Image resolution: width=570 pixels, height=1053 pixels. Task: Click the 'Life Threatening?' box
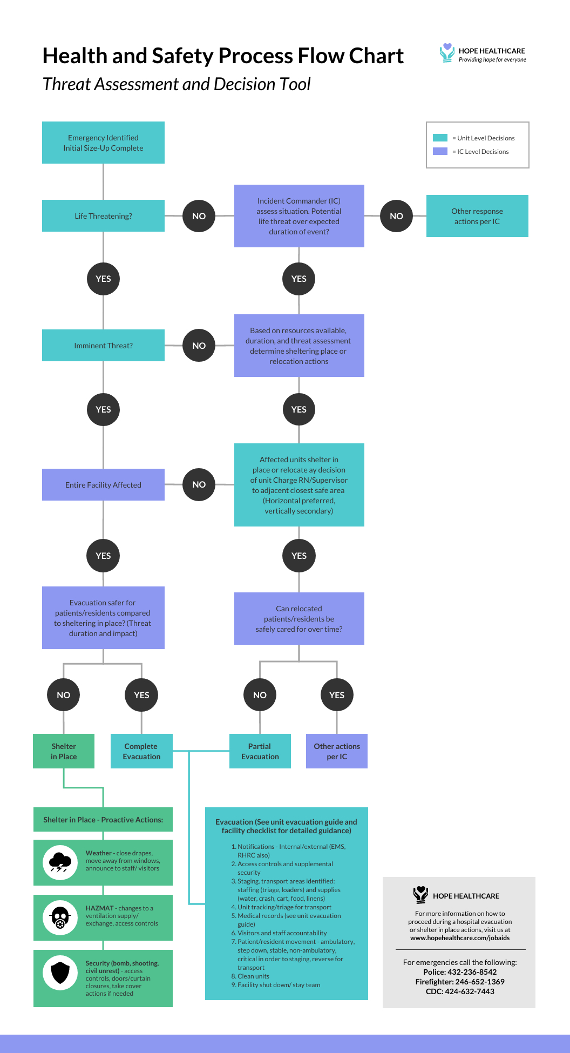tap(103, 216)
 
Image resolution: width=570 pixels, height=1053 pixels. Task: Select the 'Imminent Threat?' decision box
tap(103, 346)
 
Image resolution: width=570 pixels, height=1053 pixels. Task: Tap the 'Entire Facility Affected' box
tap(103, 485)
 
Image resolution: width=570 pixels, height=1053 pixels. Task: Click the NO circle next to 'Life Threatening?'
tap(199, 216)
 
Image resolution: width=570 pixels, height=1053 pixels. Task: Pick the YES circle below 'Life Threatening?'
tap(103, 279)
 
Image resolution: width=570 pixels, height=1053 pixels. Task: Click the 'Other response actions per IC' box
tap(477, 216)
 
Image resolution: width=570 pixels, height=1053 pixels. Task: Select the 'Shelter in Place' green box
tap(64, 751)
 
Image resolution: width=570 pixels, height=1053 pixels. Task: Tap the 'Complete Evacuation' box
tap(141, 751)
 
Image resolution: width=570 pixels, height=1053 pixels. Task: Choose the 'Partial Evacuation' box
tap(260, 751)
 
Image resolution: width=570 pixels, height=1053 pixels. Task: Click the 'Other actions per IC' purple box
tap(337, 751)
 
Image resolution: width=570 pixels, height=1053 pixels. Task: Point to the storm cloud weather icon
tap(60, 862)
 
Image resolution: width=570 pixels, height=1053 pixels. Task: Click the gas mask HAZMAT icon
tap(60, 917)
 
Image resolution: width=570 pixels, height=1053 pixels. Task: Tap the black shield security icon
tap(60, 973)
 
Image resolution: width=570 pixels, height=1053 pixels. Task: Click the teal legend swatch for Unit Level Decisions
tap(440, 138)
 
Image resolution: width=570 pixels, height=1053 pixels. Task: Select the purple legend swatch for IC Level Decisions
tap(440, 151)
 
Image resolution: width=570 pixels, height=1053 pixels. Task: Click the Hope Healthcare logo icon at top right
tap(447, 53)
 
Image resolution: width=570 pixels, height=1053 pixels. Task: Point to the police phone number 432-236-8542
tap(472, 972)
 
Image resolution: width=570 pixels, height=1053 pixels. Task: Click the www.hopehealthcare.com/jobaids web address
tap(460, 938)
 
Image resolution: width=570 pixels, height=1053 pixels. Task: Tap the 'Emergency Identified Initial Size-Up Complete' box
tap(103, 143)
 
